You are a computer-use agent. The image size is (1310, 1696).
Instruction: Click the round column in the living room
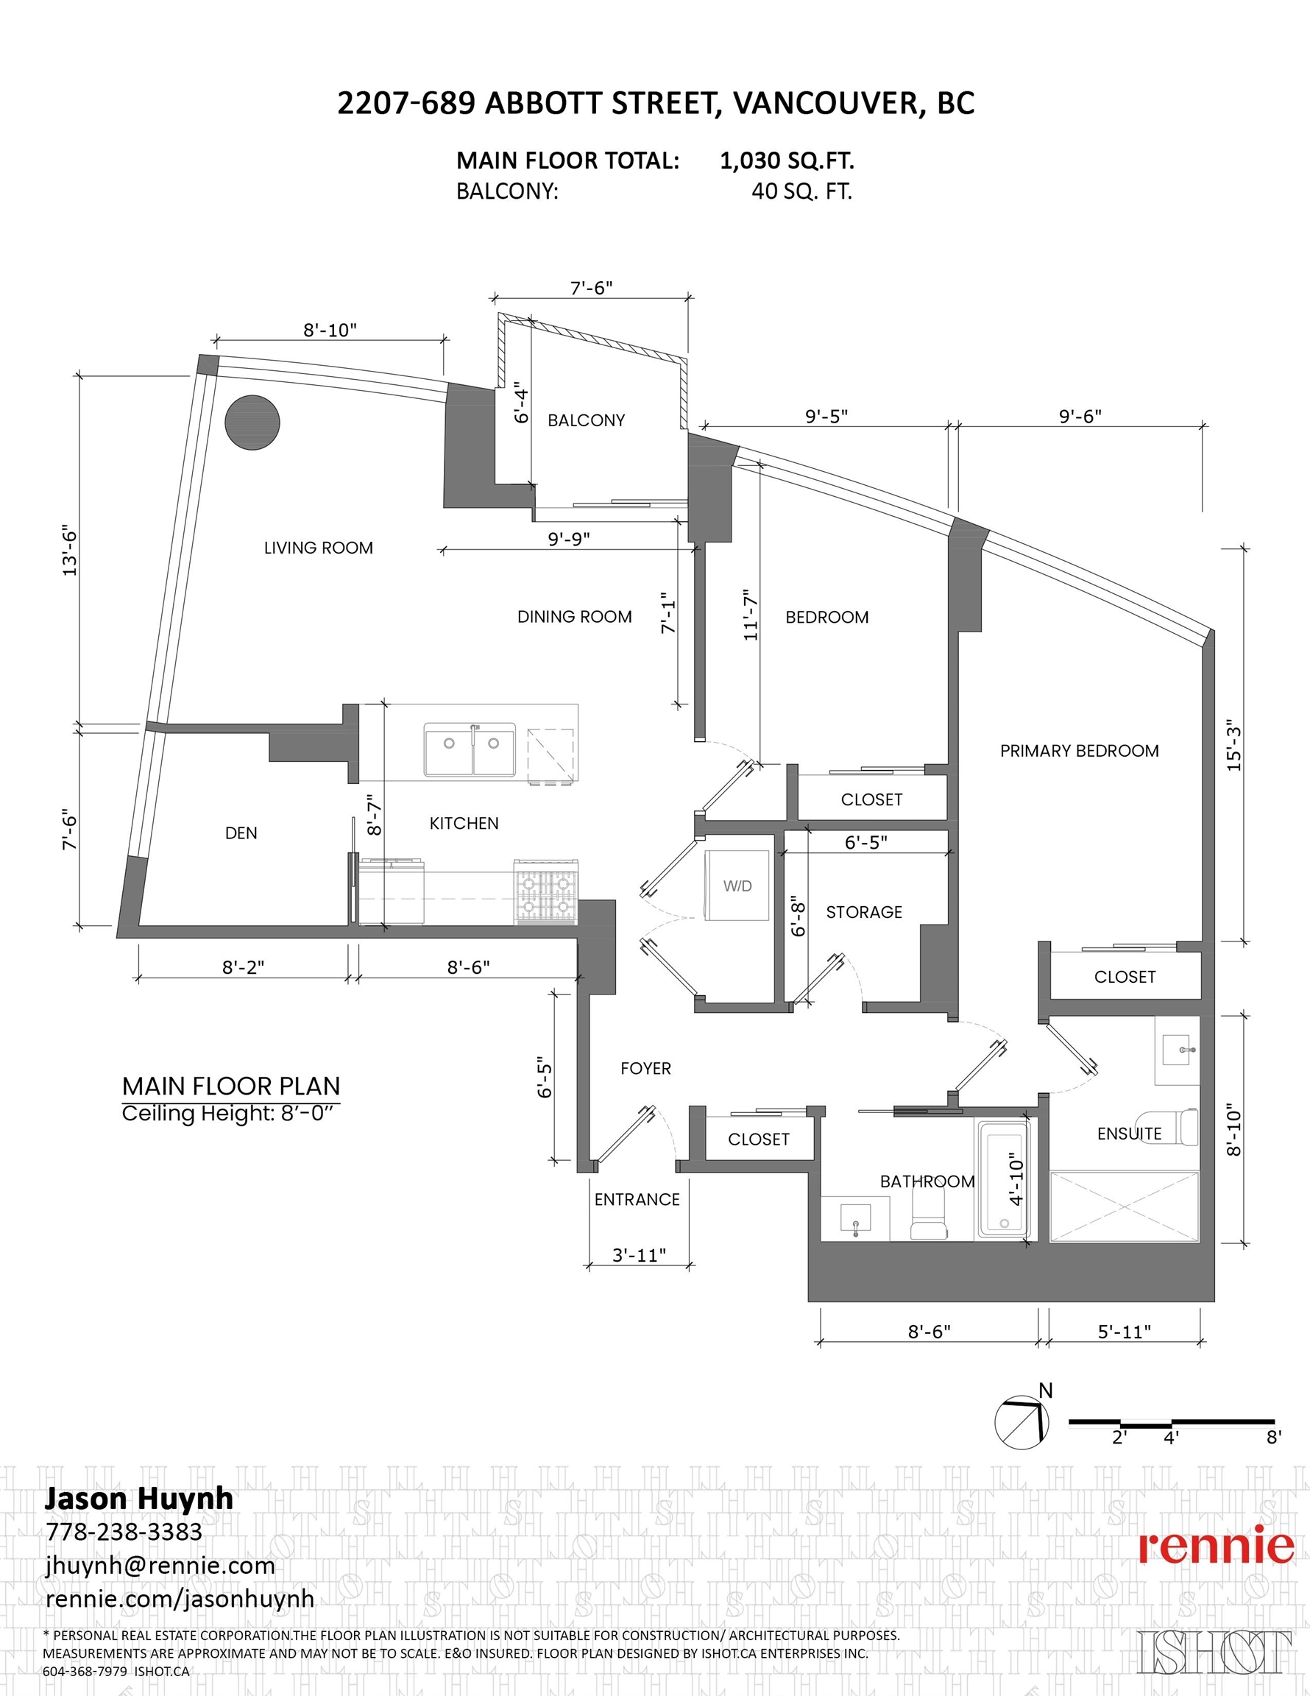[x=252, y=423]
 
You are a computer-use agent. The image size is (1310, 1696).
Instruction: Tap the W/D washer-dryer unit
[x=737, y=886]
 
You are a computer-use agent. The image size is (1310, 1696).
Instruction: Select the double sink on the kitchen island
[x=470, y=749]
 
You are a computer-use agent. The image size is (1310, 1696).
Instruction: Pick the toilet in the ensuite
[x=1181, y=1127]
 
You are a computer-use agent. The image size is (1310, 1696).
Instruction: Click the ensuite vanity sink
[x=1178, y=1050]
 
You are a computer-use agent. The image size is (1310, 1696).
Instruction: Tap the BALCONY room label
[x=587, y=420]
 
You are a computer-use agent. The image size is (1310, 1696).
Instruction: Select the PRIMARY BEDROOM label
[x=1080, y=751]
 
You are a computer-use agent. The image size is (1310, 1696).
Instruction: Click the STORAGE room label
[x=864, y=913]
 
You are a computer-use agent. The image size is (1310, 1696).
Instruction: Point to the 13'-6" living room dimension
[x=70, y=551]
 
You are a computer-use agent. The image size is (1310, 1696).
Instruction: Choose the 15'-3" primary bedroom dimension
[x=1234, y=746]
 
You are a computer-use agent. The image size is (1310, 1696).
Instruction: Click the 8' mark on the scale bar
[x=1273, y=1438]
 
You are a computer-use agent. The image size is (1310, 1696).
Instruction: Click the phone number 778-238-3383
[x=124, y=1532]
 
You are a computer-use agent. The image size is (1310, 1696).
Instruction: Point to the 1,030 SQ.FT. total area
[x=787, y=160]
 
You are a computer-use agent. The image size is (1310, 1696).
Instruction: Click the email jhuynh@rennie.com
[x=160, y=1566]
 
